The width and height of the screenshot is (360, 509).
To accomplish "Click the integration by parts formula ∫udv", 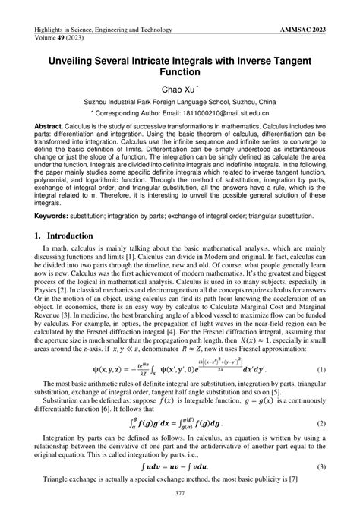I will [x=179, y=466].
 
